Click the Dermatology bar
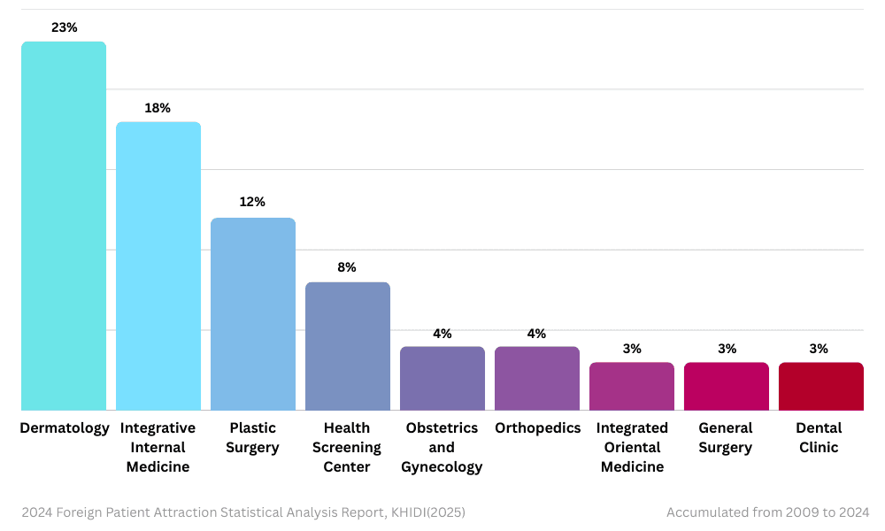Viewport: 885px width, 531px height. click(64, 226)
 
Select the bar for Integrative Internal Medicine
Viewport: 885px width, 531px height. click(158, 265)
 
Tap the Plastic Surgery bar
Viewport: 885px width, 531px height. click(253, 314)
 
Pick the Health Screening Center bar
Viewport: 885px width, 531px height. click(348, 346)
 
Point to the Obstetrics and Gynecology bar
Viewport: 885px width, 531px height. click(442, 378)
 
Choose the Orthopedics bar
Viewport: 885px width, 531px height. click(537, 378)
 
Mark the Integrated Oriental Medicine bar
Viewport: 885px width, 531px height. click(632, 386)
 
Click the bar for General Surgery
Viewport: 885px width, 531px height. click(727, 386)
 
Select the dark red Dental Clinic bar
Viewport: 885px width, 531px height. click(821, 386)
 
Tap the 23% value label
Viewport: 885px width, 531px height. click(64, 27)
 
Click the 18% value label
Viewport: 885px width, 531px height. click(158, 108)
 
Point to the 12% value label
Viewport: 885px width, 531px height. click(252, 202)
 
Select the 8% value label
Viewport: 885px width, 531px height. click(347, 267)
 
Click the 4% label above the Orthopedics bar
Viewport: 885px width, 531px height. click(536, 334)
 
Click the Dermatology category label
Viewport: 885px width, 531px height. click(65, 428)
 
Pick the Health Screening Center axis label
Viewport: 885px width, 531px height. click(347, 447)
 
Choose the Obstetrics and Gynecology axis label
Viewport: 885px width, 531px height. click(442, 447)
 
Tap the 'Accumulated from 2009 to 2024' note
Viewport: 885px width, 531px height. click(767, 512)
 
